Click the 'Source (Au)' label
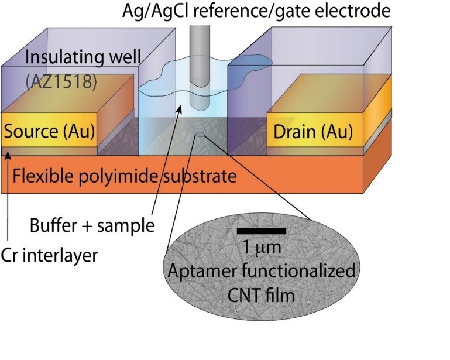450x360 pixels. coord(49,132)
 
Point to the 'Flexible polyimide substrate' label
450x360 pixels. coord(124,176)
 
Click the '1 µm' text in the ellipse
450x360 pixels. coord(262,248)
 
